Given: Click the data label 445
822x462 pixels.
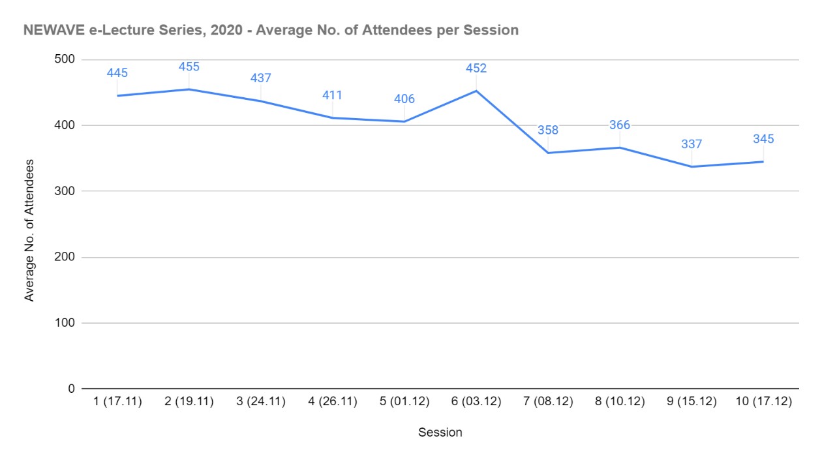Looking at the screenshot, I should click(117, 72).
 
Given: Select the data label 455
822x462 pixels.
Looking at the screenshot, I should click(189, 67).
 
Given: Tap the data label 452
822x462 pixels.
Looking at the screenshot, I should click(476, 68).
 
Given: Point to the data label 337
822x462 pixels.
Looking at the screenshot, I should click(692, 144).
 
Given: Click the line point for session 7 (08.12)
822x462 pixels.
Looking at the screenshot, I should click(548, 153).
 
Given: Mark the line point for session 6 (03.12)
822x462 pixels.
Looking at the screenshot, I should click(476, 91).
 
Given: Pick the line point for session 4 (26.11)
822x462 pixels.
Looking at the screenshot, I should click(333, 117).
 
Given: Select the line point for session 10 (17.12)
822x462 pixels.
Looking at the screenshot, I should click(763, 161).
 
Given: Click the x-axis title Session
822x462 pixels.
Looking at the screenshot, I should click(440, 433).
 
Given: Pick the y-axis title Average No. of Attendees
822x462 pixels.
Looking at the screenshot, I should click(29, 230).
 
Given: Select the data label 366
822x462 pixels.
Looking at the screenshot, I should click(620, 125).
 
